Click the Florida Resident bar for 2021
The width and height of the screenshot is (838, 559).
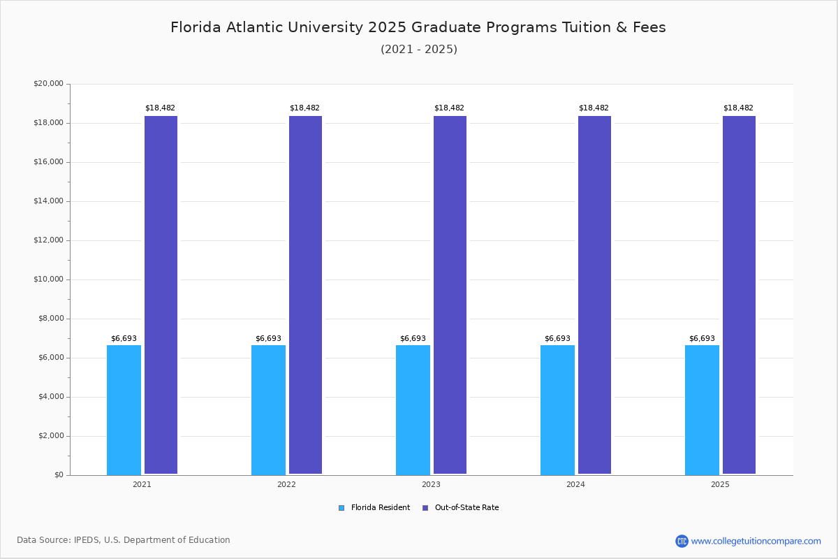coord(124,409)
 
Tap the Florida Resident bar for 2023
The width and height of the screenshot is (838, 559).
coord(413,409)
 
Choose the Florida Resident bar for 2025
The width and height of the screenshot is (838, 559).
coord(702,409)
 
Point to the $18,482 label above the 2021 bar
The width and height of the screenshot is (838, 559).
coord(160,108)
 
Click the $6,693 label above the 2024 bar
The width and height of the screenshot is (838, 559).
coord(557,339)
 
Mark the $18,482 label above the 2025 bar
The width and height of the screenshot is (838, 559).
coord(738,108)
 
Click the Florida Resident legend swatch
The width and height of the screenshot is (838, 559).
coord(341,508)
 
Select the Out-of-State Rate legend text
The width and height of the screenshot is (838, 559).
coord(466,508)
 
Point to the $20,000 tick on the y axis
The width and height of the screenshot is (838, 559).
coord(48,84)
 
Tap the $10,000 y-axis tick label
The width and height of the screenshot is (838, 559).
coord(48,279)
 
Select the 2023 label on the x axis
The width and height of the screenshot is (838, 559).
coord(431,484)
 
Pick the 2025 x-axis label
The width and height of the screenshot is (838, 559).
coord(720,484)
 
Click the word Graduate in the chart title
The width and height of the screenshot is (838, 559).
coord(443,28)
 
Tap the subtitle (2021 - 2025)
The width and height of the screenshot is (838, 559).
coord(418,50)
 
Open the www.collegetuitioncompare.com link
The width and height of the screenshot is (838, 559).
coord(756,541)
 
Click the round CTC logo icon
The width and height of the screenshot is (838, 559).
coord(682,541)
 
